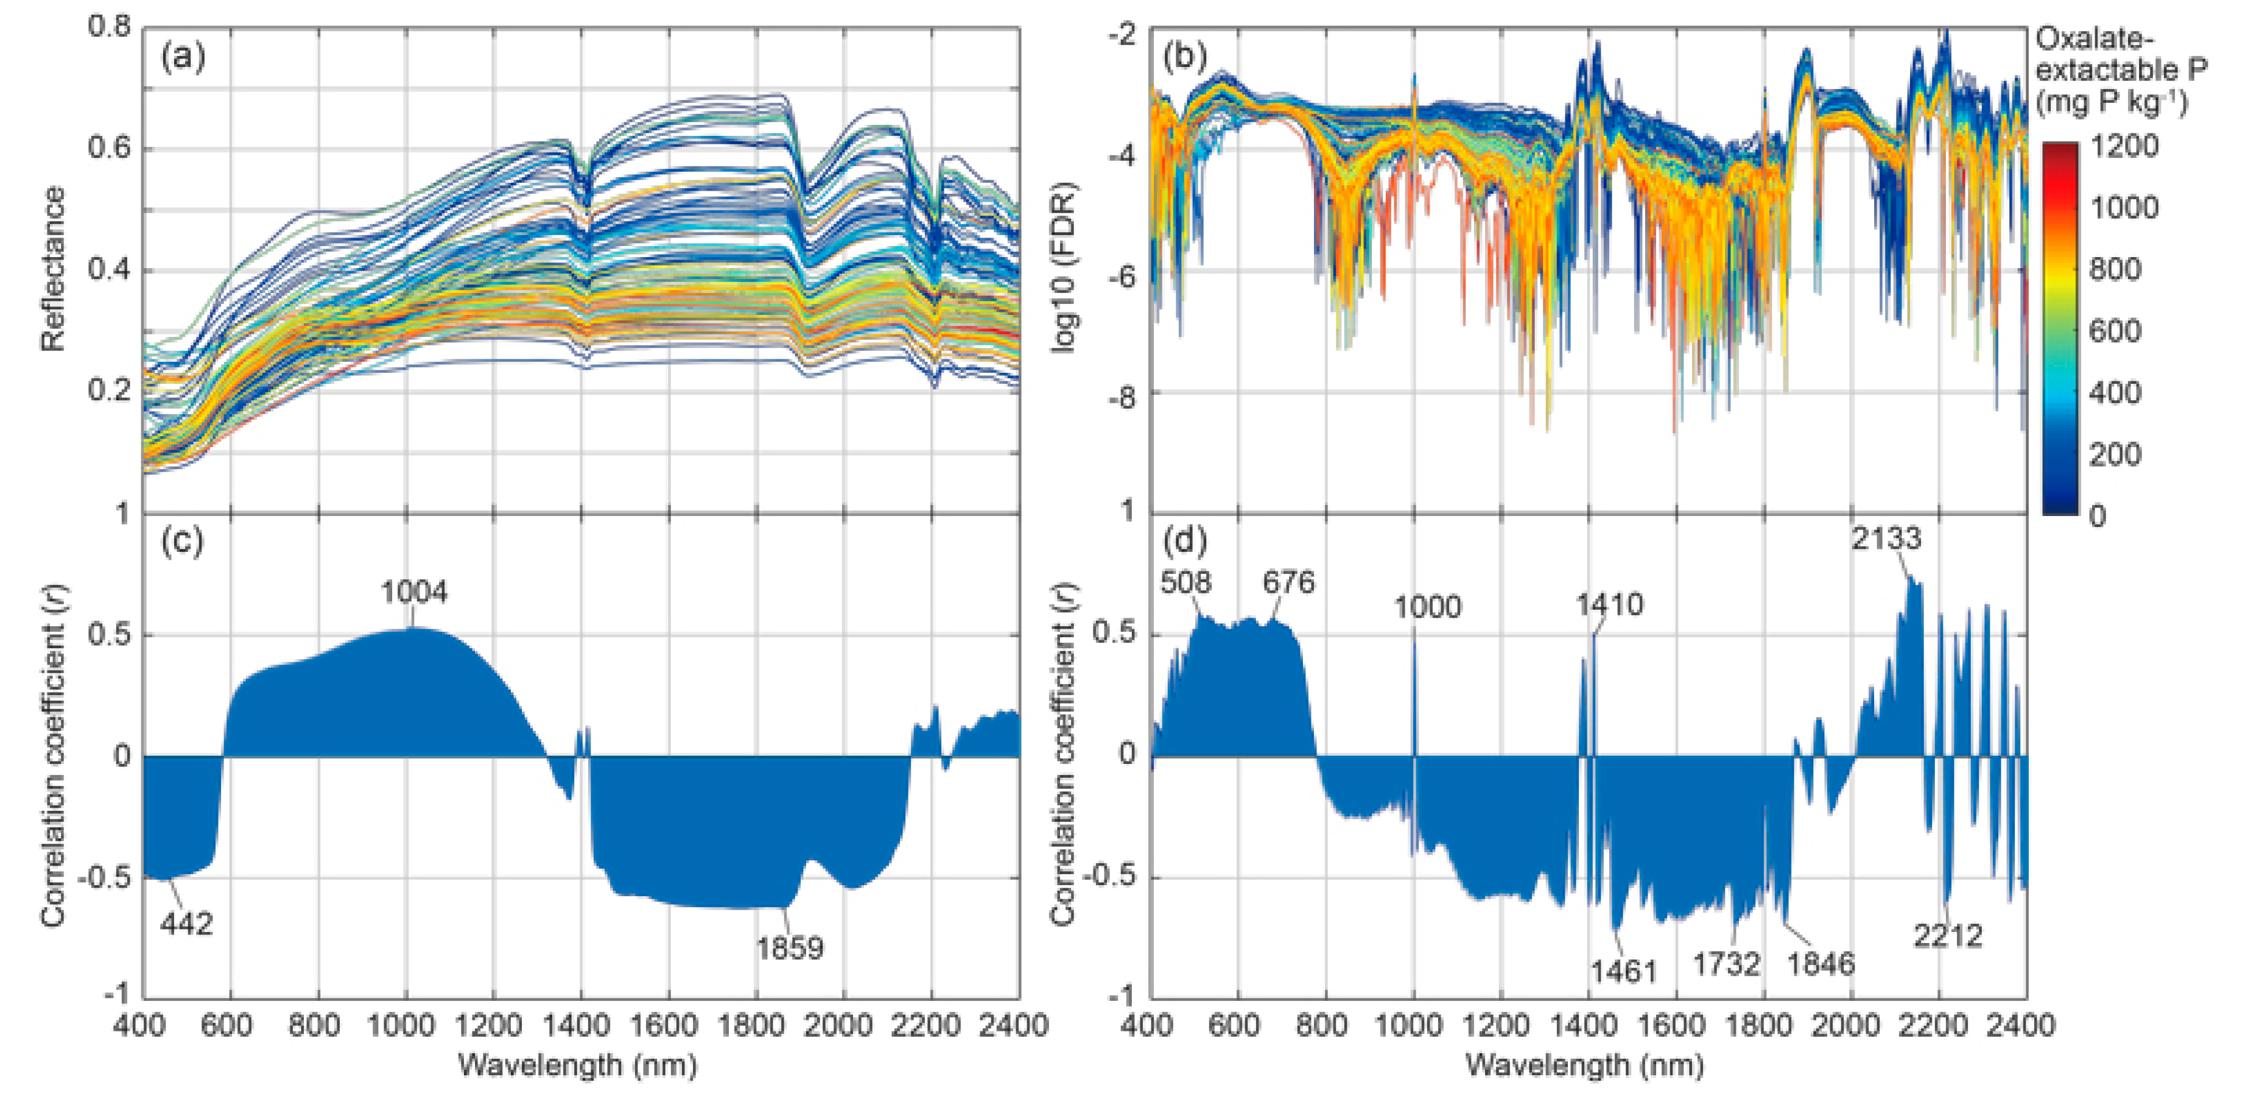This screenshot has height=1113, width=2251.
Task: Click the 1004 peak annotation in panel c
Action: click(413, 592)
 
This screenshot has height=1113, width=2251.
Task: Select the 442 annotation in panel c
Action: click(186, 924)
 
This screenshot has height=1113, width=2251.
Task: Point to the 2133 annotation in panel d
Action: click(1886, 538)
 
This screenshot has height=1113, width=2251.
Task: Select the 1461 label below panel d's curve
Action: click(1623, 971)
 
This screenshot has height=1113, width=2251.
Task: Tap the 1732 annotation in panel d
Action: click(1726, 964)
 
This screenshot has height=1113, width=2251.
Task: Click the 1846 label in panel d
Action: click(1820, 964)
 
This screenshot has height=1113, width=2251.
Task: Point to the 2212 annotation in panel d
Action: click(1948, 936)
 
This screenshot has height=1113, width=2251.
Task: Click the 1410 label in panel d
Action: click(1609, 604)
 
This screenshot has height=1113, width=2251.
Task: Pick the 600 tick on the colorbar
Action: click(2115, 331)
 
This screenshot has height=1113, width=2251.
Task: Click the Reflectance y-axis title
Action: click(52, 269)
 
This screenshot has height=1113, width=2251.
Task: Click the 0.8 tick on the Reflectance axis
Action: click(108, 26)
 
